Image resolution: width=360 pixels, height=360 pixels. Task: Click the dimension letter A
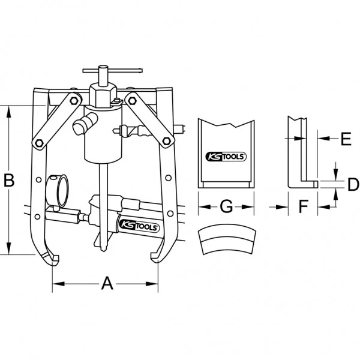[107, 283]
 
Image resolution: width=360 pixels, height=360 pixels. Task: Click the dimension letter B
[9, 180]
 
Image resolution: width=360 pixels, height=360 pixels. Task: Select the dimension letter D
[353, 184]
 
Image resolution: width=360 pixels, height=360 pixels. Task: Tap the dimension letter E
[346, 139]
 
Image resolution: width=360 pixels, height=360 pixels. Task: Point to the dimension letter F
[303, 206]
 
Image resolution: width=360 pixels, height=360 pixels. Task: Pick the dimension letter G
[226, 206]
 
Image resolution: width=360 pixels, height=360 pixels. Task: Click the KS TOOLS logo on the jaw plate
[226, 157]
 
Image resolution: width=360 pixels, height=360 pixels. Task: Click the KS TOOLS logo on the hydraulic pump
[139, 227]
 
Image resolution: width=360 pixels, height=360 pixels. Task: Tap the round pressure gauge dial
[62, 191]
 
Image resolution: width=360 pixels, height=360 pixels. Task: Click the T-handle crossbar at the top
[113, 71]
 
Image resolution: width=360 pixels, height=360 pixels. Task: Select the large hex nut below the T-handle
[103, 94]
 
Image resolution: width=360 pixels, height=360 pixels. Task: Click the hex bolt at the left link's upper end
[73, 101]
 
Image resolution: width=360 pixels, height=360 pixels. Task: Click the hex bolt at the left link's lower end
[39, 143]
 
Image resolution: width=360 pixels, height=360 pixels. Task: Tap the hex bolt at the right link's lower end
[166, 140]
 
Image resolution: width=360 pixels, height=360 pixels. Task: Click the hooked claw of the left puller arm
[52, 257]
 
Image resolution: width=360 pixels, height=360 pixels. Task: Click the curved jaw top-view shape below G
[227, 239]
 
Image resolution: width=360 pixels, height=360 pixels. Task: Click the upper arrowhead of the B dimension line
[9, 112]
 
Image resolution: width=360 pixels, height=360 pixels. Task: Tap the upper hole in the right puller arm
[168, 178]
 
